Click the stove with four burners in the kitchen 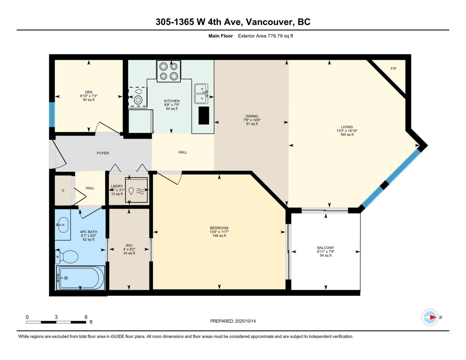(x=169, y=71)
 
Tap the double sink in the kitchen (x=201, y=94)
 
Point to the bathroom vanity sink (x=62, y=224)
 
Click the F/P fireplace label (x=393, y=69)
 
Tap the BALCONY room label (x=325, y=247)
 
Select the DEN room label (x=89, y=92)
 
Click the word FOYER (x=103, y=153)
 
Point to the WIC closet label (x=129, y=245)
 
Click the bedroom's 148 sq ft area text (x=219, y=236)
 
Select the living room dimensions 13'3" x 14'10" (x=347, y=131)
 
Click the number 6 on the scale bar (x=86, y=317)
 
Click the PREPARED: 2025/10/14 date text (x=233, y=321)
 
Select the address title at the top (x=233, y=22)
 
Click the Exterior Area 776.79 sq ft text (x=268, y=36)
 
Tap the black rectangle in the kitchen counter (x=203, y=115)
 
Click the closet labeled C (x=63, y=190)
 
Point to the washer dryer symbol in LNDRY (x=136, y=190)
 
